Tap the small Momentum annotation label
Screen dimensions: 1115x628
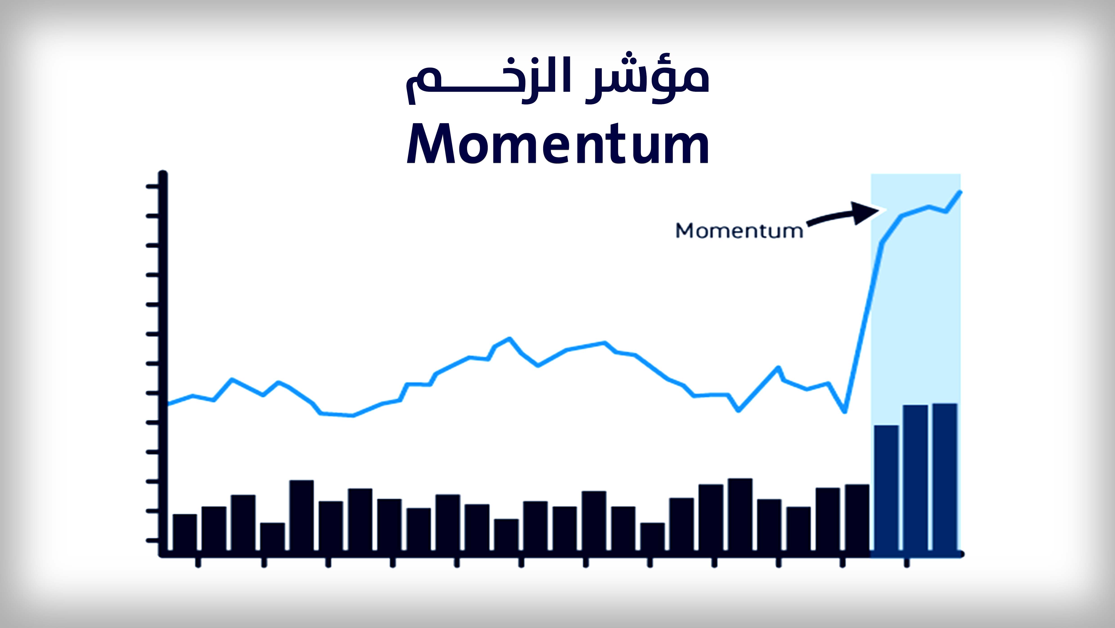pyautogui.click(x=739, y=230)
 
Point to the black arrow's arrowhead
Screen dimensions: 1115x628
pyautogui.click(x=868, y=212)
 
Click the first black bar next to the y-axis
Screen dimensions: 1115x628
pyautogui.click(x=185, y=533)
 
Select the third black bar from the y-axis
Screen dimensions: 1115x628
pyautogui.click(x=243, y=523)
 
